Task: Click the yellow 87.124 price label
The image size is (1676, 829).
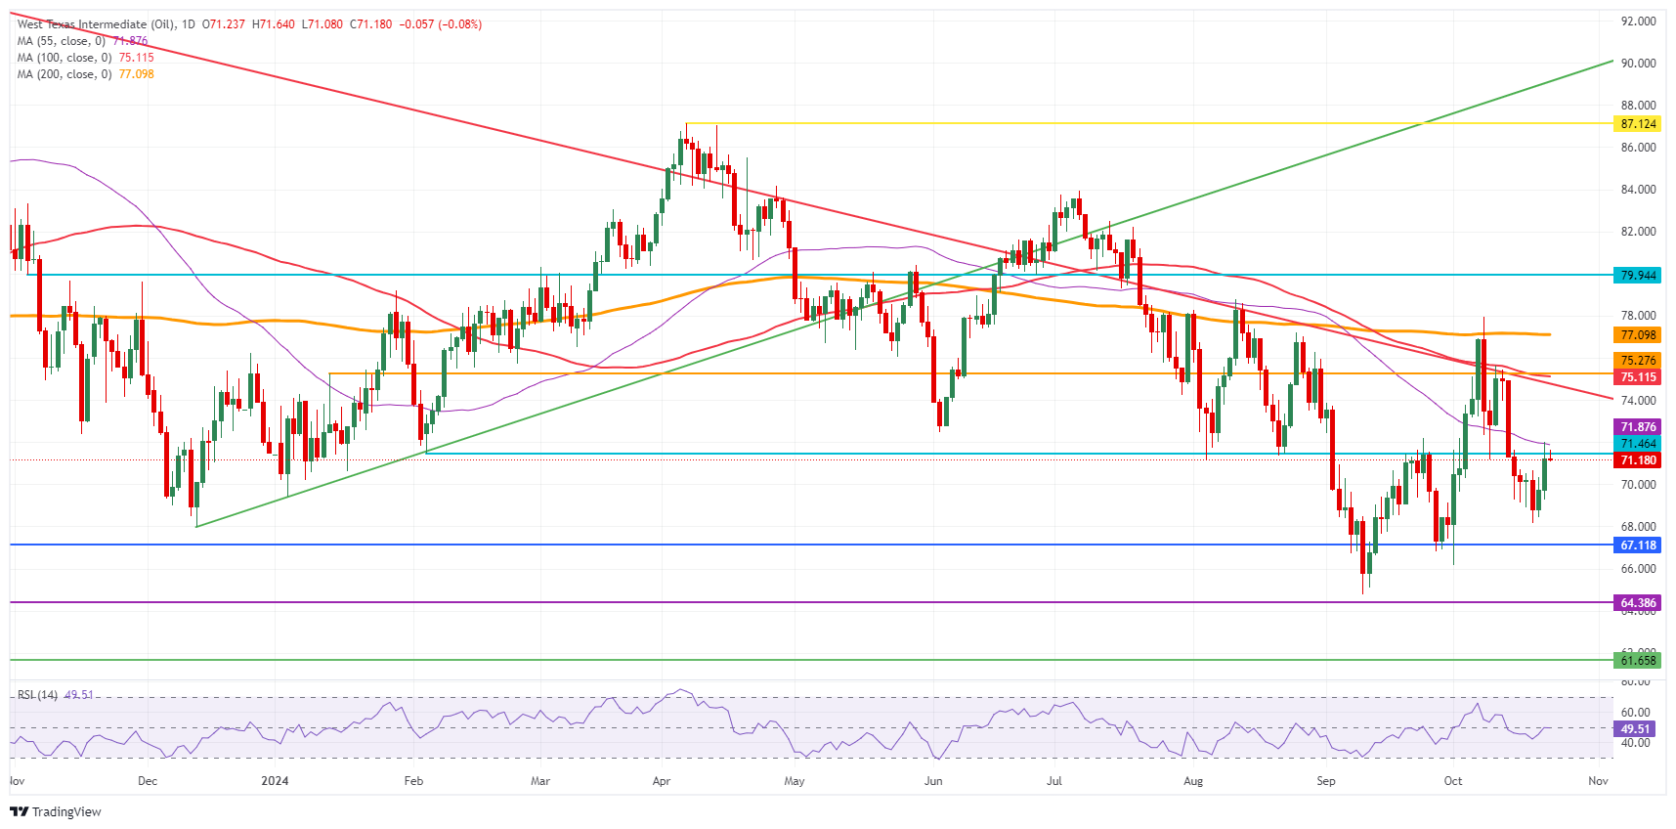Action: pos(1638,124)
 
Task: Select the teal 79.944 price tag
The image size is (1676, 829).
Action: pos(1638,276)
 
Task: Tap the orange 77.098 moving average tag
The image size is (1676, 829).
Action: pos(1638,335)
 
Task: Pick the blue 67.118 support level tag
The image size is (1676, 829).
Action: pos(1638,545)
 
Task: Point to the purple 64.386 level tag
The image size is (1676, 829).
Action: pos(1638,603)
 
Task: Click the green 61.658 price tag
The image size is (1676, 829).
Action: pos(1638,661)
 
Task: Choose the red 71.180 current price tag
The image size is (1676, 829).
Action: pos(1638,460)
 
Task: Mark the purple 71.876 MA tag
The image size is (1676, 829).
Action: pos(1638,427)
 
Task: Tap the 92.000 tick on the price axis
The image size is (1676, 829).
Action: pos(1638,22)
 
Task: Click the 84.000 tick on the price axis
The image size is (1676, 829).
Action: pos(1638,190)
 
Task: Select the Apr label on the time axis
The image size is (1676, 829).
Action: pos(662,781)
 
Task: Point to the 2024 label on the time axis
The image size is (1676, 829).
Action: pos(275,781)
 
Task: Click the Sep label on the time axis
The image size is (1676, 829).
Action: pos(1325,781)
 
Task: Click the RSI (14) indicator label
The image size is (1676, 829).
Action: pos(38,695)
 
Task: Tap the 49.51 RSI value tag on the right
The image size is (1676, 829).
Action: pos(1635,729)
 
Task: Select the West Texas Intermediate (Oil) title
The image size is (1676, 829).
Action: pos(96,24)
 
